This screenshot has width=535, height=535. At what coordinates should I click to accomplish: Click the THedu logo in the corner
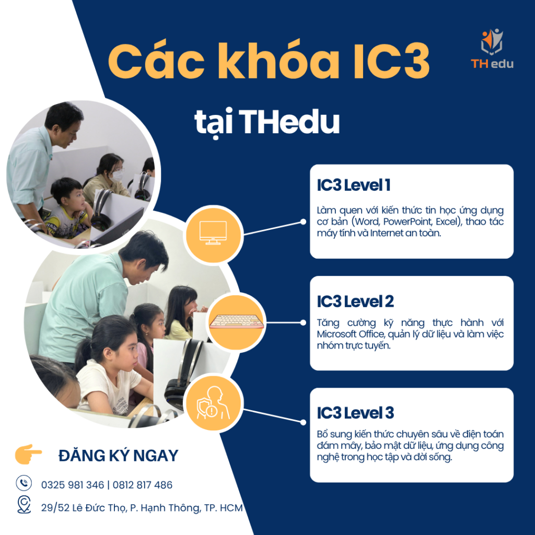click(x=492, y=49)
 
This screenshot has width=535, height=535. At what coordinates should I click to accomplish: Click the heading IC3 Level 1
click(x=353, y=185)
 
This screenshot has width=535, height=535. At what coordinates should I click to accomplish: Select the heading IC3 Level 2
click(x=355, y=301)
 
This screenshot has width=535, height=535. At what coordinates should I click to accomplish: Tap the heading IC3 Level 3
click(x=355, y=413)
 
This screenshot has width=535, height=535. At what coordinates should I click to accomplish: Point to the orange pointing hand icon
click(x=29, y=454)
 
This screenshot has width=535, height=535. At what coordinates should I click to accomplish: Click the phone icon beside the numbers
click(x=24, y=483)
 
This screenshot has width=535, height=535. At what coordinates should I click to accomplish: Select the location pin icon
click(x=24, y=505)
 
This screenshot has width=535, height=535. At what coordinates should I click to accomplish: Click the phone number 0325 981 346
click(x=73, y=485)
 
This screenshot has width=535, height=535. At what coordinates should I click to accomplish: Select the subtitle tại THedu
click(x=267, y=122)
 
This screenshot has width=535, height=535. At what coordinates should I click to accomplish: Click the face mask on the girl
click(x=118, y=176)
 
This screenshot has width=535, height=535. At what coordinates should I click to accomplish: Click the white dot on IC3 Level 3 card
click(x=303, y=421)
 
